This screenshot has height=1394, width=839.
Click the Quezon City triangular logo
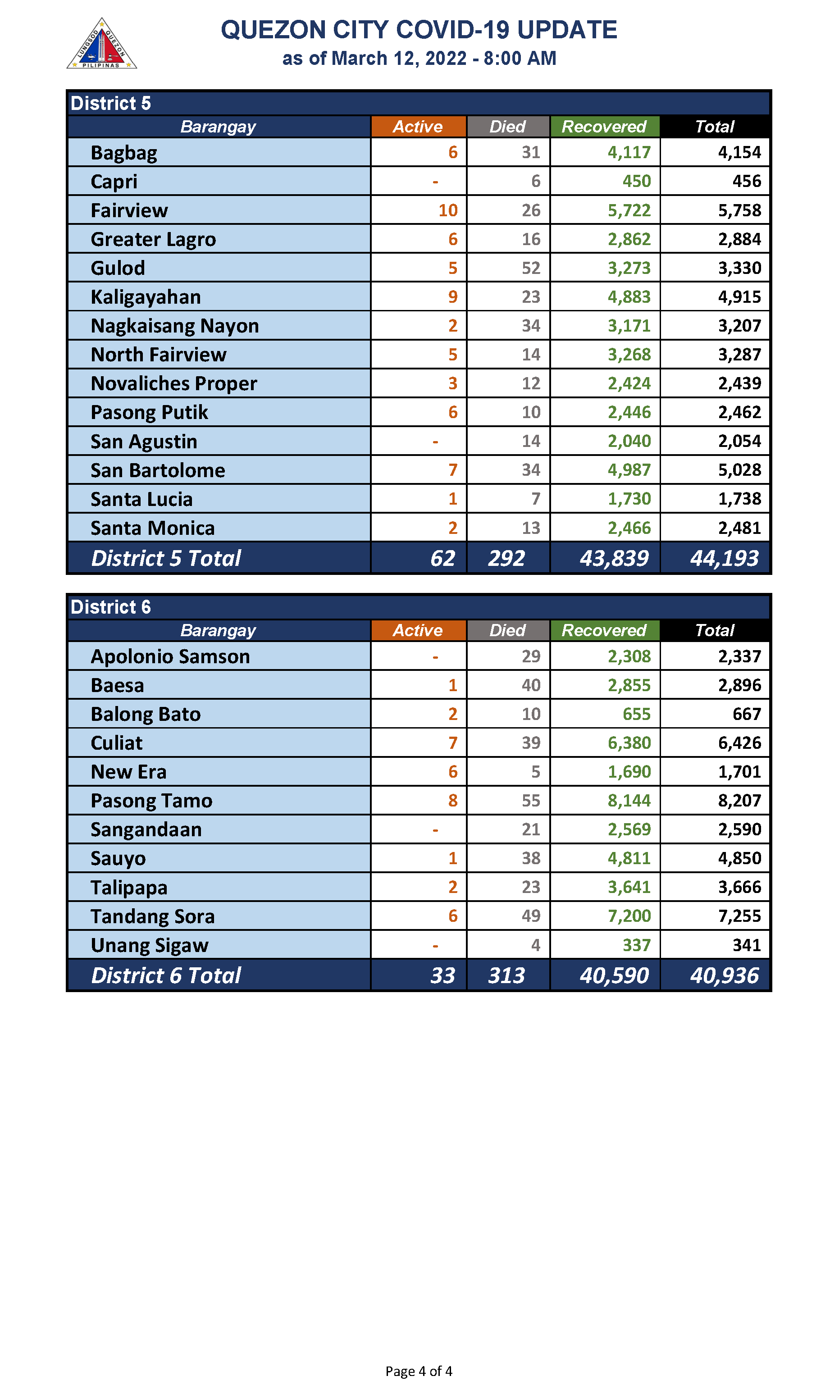[x=102, y=44]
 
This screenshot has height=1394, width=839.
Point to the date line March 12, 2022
[x=419, y=58]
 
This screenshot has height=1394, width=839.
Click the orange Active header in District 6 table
[x=418, y=630]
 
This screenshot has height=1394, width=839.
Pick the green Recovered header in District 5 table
[x=604, y=127]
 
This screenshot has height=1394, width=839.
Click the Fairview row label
[x=129, y=210]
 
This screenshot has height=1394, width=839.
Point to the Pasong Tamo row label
[x=151, y=801]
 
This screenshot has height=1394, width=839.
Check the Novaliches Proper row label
[x=173, y=383]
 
